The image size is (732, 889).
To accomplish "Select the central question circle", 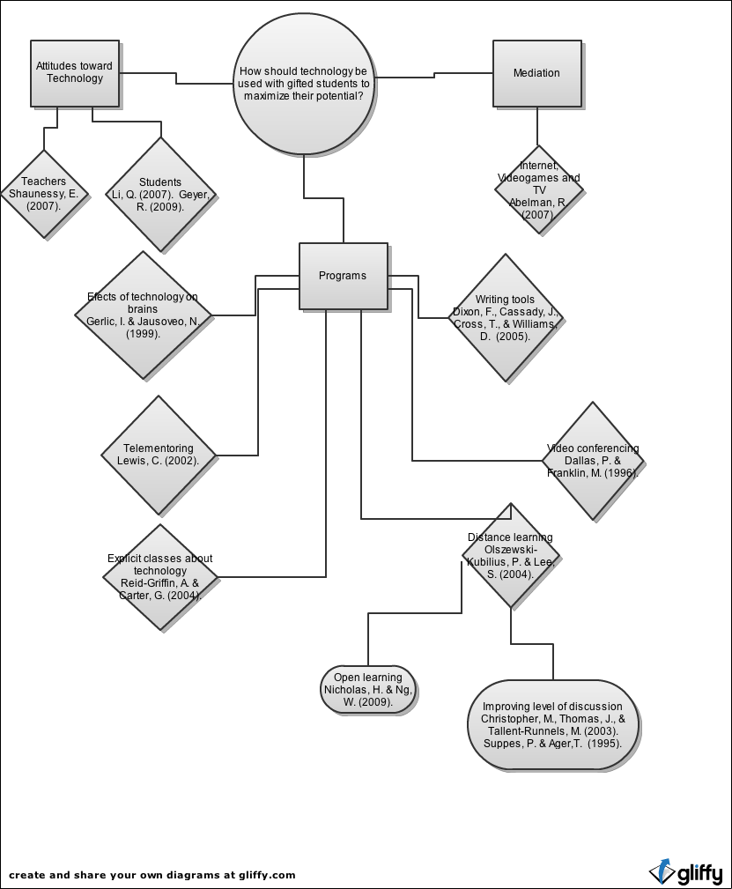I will click(x=304, y=84).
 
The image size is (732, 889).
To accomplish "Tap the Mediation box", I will click(x=536, y=74).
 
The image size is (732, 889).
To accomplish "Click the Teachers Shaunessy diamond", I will click(x=43, y=194).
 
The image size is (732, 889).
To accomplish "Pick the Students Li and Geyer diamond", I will click(x=160, y=195).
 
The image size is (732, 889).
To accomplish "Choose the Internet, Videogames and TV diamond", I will click(x=538, y=190).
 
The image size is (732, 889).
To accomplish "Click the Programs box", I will click(x=343, y=276).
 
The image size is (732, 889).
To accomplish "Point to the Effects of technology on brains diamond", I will click(x=143, y=315).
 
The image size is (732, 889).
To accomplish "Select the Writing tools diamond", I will click(x=505, y=318).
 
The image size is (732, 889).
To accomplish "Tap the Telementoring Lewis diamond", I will click(x=159, y=455).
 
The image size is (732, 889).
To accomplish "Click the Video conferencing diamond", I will click(x=593, y=461).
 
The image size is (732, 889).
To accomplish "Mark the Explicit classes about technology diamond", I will click(x=160, y=577).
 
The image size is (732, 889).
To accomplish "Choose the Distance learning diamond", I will click(x=511, y=555).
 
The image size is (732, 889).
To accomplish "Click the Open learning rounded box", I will click(x=368, y=690).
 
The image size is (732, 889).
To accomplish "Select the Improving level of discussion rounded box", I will click(x=553, y=725).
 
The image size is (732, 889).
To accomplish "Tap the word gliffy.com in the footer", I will click(x=268, y=875).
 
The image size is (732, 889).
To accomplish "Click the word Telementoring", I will click(x=159, y=448).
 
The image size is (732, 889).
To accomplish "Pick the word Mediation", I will click(x=536, y=73).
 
